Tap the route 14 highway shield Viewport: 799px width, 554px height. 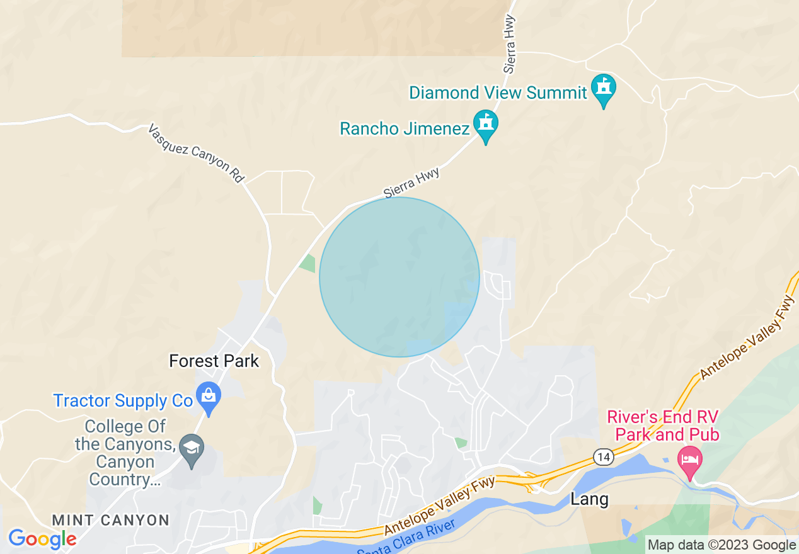pyautogui.click(x=604, y=458)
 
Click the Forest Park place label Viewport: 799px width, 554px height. pyautogui.click(x=214, y=361)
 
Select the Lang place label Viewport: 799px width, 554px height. pyautogui.click(x=590, y=500)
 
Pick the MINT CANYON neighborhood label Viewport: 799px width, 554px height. pyautogui.click(x=111, y=521)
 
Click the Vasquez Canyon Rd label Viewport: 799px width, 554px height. pyautogui.click(x=196, y=154)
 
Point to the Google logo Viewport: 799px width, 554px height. pyautogui.click(x=42, y=539)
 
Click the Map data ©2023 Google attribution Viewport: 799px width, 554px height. pyautogui.click(x=721, y=545)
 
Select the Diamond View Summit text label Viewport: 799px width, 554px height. pyautogui.click(x=498, y=93)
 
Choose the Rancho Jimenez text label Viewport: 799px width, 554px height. pyautogui.click(x=405, y=129)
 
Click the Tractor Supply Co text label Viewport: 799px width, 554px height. pyautogui.click(x=123, y=401)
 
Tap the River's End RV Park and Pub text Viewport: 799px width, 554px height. pyautogui.click(x=663, y=426)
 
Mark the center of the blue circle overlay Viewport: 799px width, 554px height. pyautogui.click(x=399, y=277)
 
